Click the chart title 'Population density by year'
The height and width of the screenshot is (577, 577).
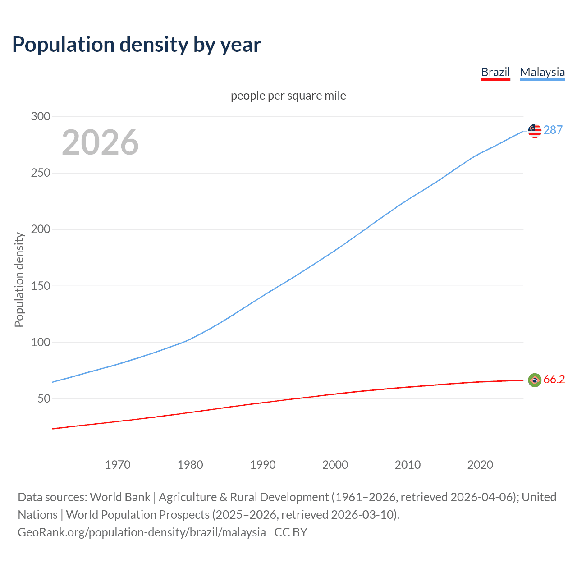[137, 45]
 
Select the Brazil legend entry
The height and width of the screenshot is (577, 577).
[495, 72]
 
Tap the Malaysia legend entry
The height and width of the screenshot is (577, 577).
[542, 72]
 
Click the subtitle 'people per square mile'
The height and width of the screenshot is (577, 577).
[288, 96]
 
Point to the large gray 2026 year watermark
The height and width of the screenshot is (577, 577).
[100, 142]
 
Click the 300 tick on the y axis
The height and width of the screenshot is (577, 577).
[41, 116]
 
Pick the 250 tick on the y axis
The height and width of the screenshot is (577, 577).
[41, 173]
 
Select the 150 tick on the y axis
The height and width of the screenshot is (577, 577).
[41, 286]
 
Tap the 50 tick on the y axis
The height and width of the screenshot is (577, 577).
[44, 398]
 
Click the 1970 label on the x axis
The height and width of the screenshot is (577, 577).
[118, 465]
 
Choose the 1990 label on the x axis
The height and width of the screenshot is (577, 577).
[263, 465]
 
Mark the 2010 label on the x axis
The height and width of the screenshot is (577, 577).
[408, 465]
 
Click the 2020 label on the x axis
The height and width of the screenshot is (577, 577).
[480, 465]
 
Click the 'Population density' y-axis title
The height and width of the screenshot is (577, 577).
[19, 279]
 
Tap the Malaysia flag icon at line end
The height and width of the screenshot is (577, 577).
[535, 131]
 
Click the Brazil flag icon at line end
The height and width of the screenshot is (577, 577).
[535, 380]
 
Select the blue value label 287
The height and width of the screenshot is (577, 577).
[553, 130]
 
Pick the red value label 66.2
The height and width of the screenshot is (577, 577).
[554, 380]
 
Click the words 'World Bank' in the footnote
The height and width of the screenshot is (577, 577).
[120, 497]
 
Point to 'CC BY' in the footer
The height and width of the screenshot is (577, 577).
[291, 532]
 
